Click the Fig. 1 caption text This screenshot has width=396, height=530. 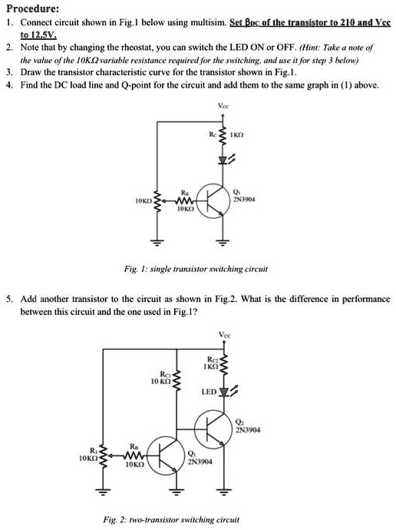[197, 270]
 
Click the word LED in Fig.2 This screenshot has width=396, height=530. [208, 392]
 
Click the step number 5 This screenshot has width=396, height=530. [9, 296]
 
